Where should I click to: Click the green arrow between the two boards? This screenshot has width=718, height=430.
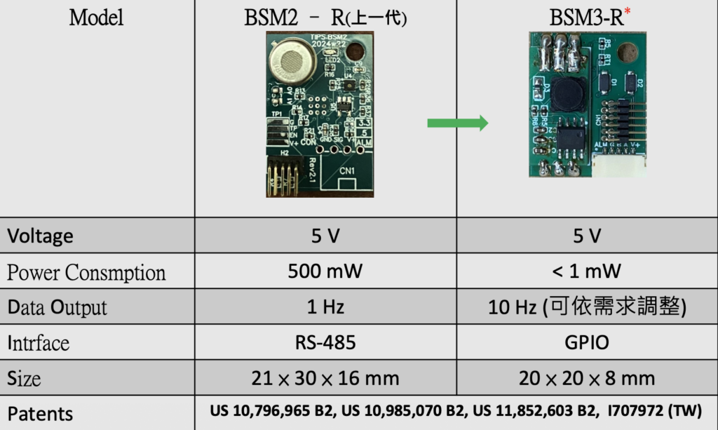pyautogui.click(x=457, y=124)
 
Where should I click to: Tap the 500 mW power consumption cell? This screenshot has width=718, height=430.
pyautogui.click(x=325, y=271)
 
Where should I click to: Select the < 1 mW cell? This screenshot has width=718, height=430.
pyautogui.click(x=586, y=271)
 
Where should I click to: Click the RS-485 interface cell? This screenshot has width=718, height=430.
pyautogui.click(x=325, y=342)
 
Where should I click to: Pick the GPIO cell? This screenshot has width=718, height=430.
pyautogui.click(x=586, y=342)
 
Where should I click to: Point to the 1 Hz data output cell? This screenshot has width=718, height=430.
pyautogui.click(x=325, y=307)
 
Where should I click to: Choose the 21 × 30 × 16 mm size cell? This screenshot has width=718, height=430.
pyautogui.click(x=325, y=379)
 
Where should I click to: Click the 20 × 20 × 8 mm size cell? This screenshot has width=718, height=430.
pyautogui.click(x=586, y=379)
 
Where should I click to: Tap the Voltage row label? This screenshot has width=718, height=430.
pyautogui.click(x=40, y=236)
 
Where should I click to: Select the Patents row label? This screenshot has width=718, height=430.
pyautogui.click(x=40, y=413)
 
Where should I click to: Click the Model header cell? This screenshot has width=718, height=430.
pyautogui.click(x=96, y=18)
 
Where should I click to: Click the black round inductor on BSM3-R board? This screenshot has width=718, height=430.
pyautogui.click(x=567, y=94)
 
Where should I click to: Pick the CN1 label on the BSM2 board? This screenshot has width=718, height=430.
pyautogui.click(x=347, y=170)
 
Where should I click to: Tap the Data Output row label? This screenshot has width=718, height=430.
pyautogui.click(x=57, y=307)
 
